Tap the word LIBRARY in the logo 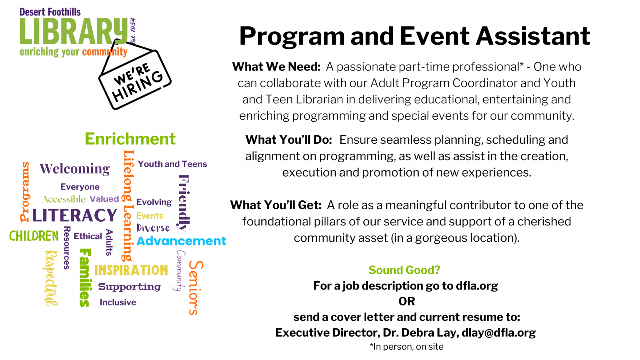[74, 31]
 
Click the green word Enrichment [130, 139]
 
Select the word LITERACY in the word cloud [75, 215]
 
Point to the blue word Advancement [181, 241]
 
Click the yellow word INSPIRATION [131, 270]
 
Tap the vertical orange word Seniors [196, 288]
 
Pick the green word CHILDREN [34, 236]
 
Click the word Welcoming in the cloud [75, 169]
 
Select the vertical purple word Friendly [184, 203]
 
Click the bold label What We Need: [276, 67]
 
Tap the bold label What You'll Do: [289, 140]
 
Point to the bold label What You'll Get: [276, 205]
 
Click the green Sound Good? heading [404, 270]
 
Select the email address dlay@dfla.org [499, 333]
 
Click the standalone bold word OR [407, 301]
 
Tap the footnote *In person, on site [407, 347]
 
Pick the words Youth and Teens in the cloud [172, 164]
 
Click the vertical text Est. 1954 [132, 31]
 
